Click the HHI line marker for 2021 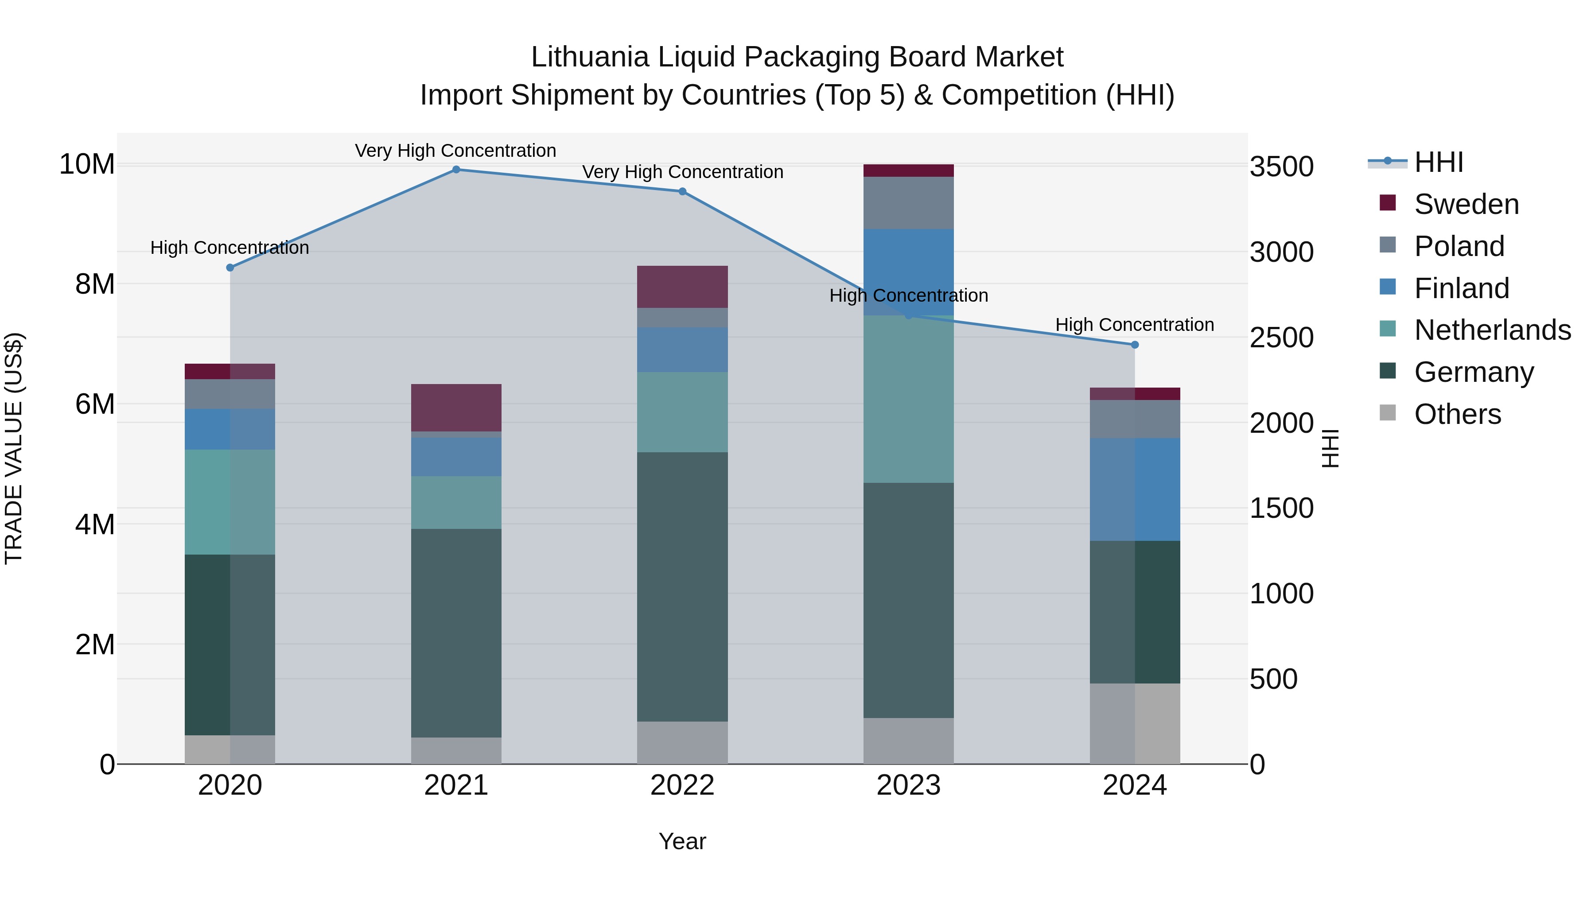coord(456,170)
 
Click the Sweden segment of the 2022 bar coord(682,287)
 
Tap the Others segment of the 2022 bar coord(682,742)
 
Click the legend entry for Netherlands coord(1492,330)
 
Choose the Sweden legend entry coord(1466,204)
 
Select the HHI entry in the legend coord(1438,162)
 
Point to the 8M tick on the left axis coord(95,284)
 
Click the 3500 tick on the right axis coord(1281,167)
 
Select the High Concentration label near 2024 coord(1134,324)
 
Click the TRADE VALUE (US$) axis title coord(14,448)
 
